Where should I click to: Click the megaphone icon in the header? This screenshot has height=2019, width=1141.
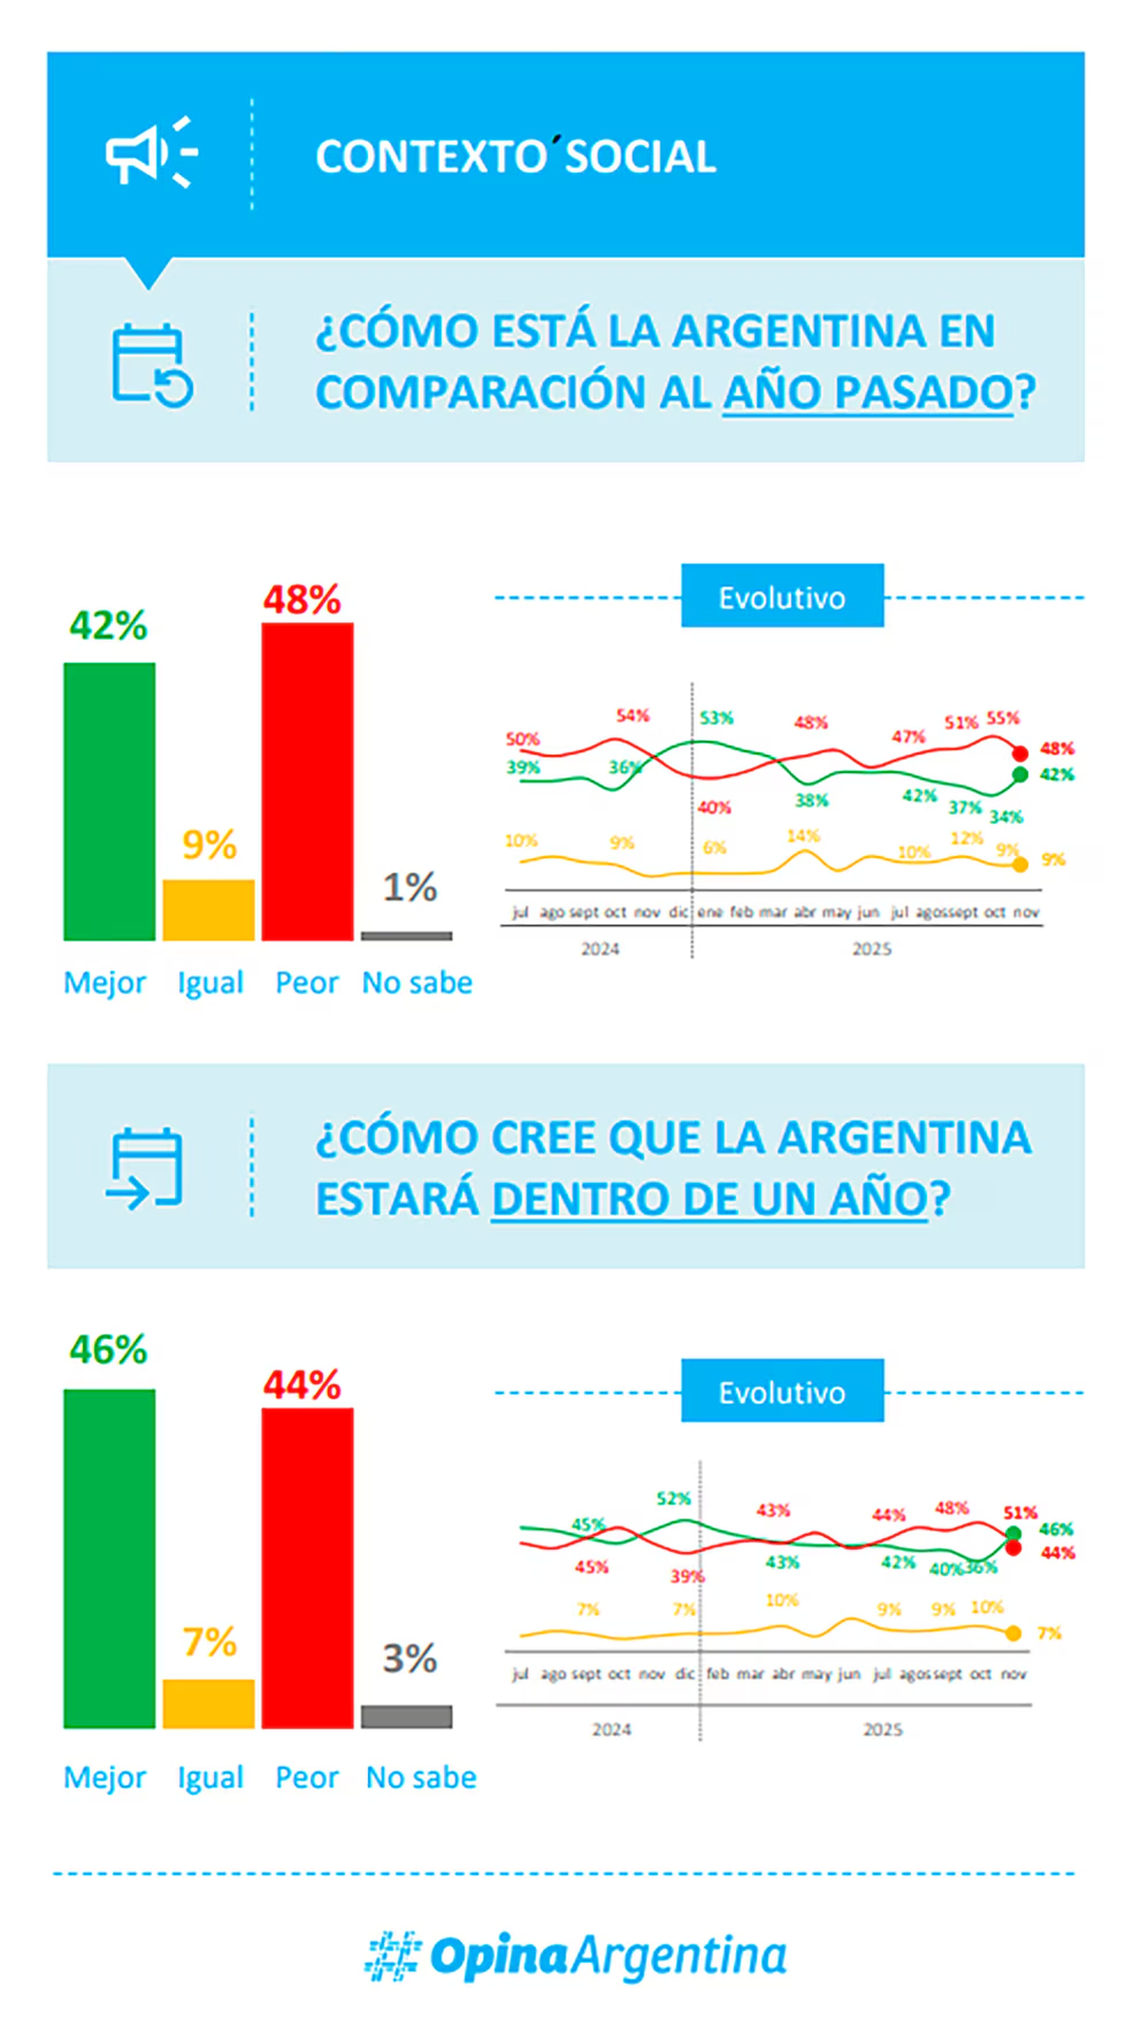[150, 153]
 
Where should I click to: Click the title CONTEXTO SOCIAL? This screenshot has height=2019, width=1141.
[515, 157]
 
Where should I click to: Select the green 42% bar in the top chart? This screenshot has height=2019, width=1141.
[109, 801]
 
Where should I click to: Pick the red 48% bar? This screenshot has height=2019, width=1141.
[307, 782]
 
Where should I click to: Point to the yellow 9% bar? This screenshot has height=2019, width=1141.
[208, 909]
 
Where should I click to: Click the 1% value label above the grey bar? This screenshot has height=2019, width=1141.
[410, 887]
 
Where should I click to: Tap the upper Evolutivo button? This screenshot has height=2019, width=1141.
[782, 597]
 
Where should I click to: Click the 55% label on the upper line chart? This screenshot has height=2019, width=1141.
[1002, 717]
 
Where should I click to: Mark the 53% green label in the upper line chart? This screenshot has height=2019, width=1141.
[716, 718]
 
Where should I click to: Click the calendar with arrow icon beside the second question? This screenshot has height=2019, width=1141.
[145, 1167]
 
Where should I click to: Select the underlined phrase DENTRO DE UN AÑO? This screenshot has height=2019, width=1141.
[709, 1198]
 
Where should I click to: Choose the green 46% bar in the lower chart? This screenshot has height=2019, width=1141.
[109, 1558]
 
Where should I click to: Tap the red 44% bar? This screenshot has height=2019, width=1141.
[307, 1567]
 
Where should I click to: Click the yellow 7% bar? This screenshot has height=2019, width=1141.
[208, 1702]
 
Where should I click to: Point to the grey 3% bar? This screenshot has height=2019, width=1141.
[406, 1716]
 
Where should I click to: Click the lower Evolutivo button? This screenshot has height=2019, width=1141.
[782, 1392]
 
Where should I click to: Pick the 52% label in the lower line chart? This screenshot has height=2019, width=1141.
[673, 1499]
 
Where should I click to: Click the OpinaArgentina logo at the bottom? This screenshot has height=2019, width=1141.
[575, 1956]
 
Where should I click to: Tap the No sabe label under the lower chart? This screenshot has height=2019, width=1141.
[421, 1777]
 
